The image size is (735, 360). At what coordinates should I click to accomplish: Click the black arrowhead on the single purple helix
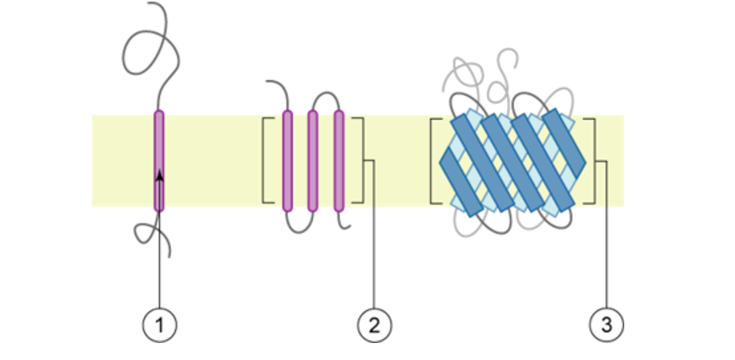point(160,176)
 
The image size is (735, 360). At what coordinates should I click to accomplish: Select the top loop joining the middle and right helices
point(326,95)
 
